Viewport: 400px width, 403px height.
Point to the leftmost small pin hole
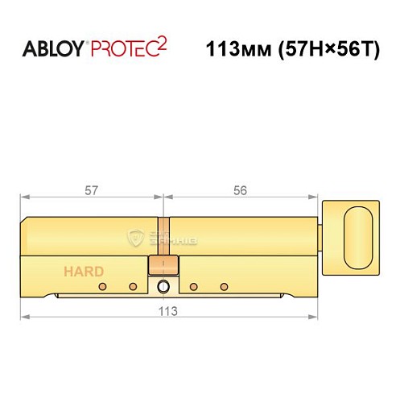[101, 286]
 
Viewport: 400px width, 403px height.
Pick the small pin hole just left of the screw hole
[133, 286]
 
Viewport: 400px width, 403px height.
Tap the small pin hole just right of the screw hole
[193, 286]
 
